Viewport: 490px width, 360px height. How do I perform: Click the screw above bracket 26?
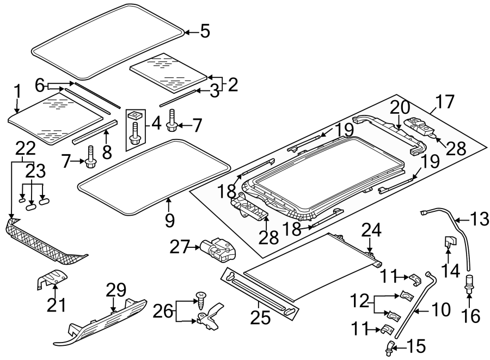(x=202, y=298)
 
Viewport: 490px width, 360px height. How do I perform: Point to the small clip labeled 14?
(x=451, y=242)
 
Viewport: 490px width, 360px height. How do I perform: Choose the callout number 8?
(x=107, y=151)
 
